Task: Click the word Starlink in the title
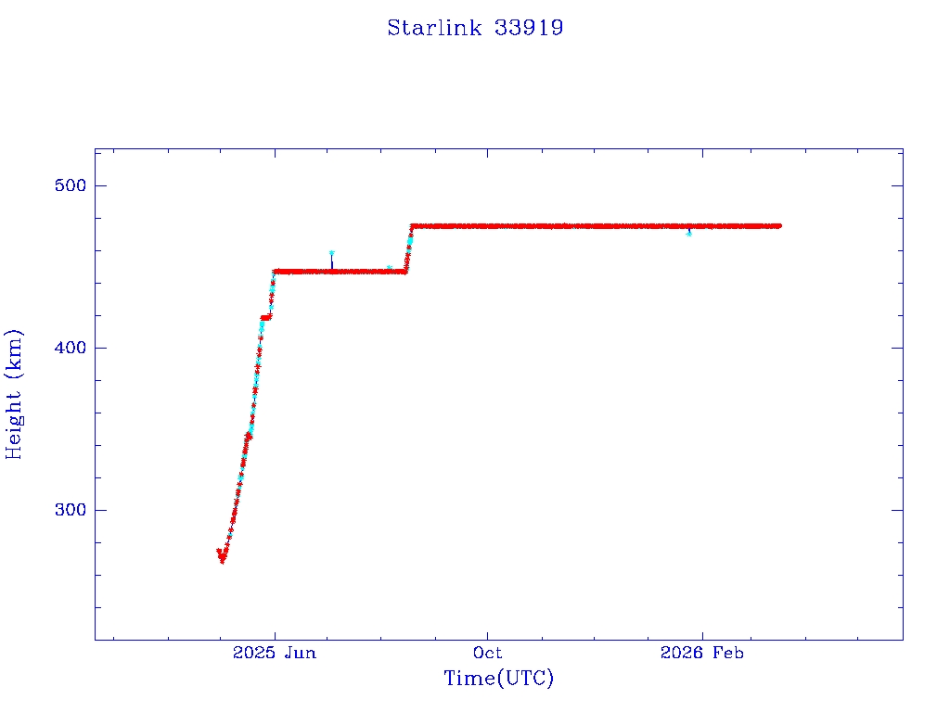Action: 434,28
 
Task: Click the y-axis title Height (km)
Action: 14,394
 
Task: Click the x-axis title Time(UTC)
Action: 498,679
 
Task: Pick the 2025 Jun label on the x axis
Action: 275,653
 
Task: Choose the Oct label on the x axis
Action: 488,653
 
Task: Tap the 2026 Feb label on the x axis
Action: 701,653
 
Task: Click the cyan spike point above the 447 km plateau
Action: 331,253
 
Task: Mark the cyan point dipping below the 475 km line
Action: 688,234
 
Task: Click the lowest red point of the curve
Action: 223,561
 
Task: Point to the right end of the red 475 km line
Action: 779,225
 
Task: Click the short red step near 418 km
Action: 266,317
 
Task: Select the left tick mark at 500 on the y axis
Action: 100,185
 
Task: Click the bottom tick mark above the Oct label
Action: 488,634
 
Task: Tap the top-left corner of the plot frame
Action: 95,148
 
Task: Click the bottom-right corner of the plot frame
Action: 903,640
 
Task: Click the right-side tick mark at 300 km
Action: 897,510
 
